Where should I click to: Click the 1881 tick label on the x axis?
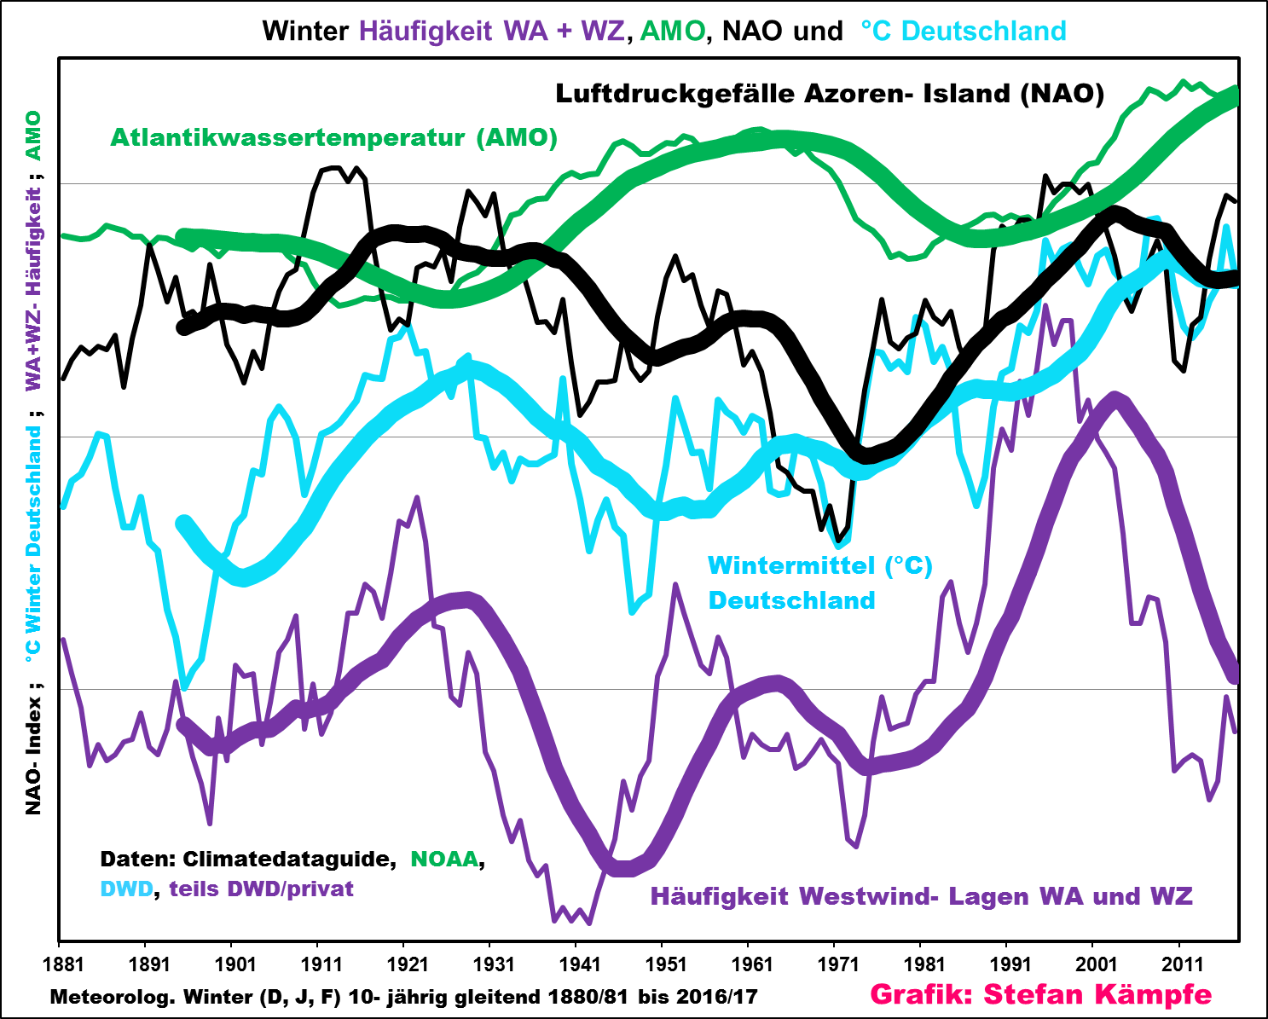pos(63,964)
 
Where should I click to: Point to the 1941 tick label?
pos(580,964)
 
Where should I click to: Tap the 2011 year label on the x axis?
pos(1183,964)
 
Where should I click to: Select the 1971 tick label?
pos(838,964)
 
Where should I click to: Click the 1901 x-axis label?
pos(235,964)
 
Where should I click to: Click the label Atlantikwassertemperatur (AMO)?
pos(333,137)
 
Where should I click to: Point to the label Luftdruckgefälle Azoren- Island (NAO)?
pos(829,93)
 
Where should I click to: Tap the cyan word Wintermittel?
pos(792,566)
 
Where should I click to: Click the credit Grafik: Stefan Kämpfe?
pos(1040,994)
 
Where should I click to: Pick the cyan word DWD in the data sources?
pos(126,889)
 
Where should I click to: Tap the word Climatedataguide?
pos(289,859)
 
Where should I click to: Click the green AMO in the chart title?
pos(672,31)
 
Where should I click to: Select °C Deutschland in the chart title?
pos(963,31)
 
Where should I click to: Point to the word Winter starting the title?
pos(305,31)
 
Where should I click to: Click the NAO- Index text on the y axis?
pos(33,755)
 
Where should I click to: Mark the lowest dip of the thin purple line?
pos(589,923)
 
